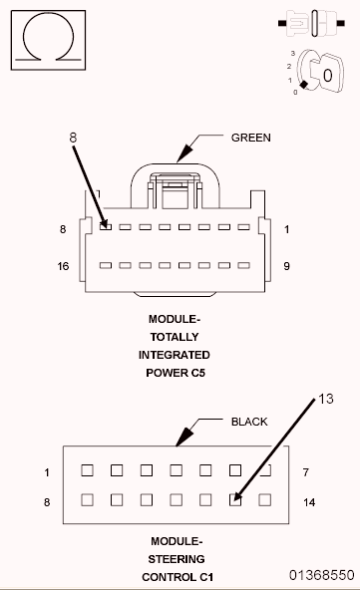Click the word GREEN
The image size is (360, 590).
250,138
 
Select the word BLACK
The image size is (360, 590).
249,422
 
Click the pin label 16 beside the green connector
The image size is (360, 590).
63,266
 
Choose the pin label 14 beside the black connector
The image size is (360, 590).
309,503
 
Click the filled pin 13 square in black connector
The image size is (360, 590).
236,500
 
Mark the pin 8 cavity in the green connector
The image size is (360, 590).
106,227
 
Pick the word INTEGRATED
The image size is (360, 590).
175,355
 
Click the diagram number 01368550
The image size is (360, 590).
322,575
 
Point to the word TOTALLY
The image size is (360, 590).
175,337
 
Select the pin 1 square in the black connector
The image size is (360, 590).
87,469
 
